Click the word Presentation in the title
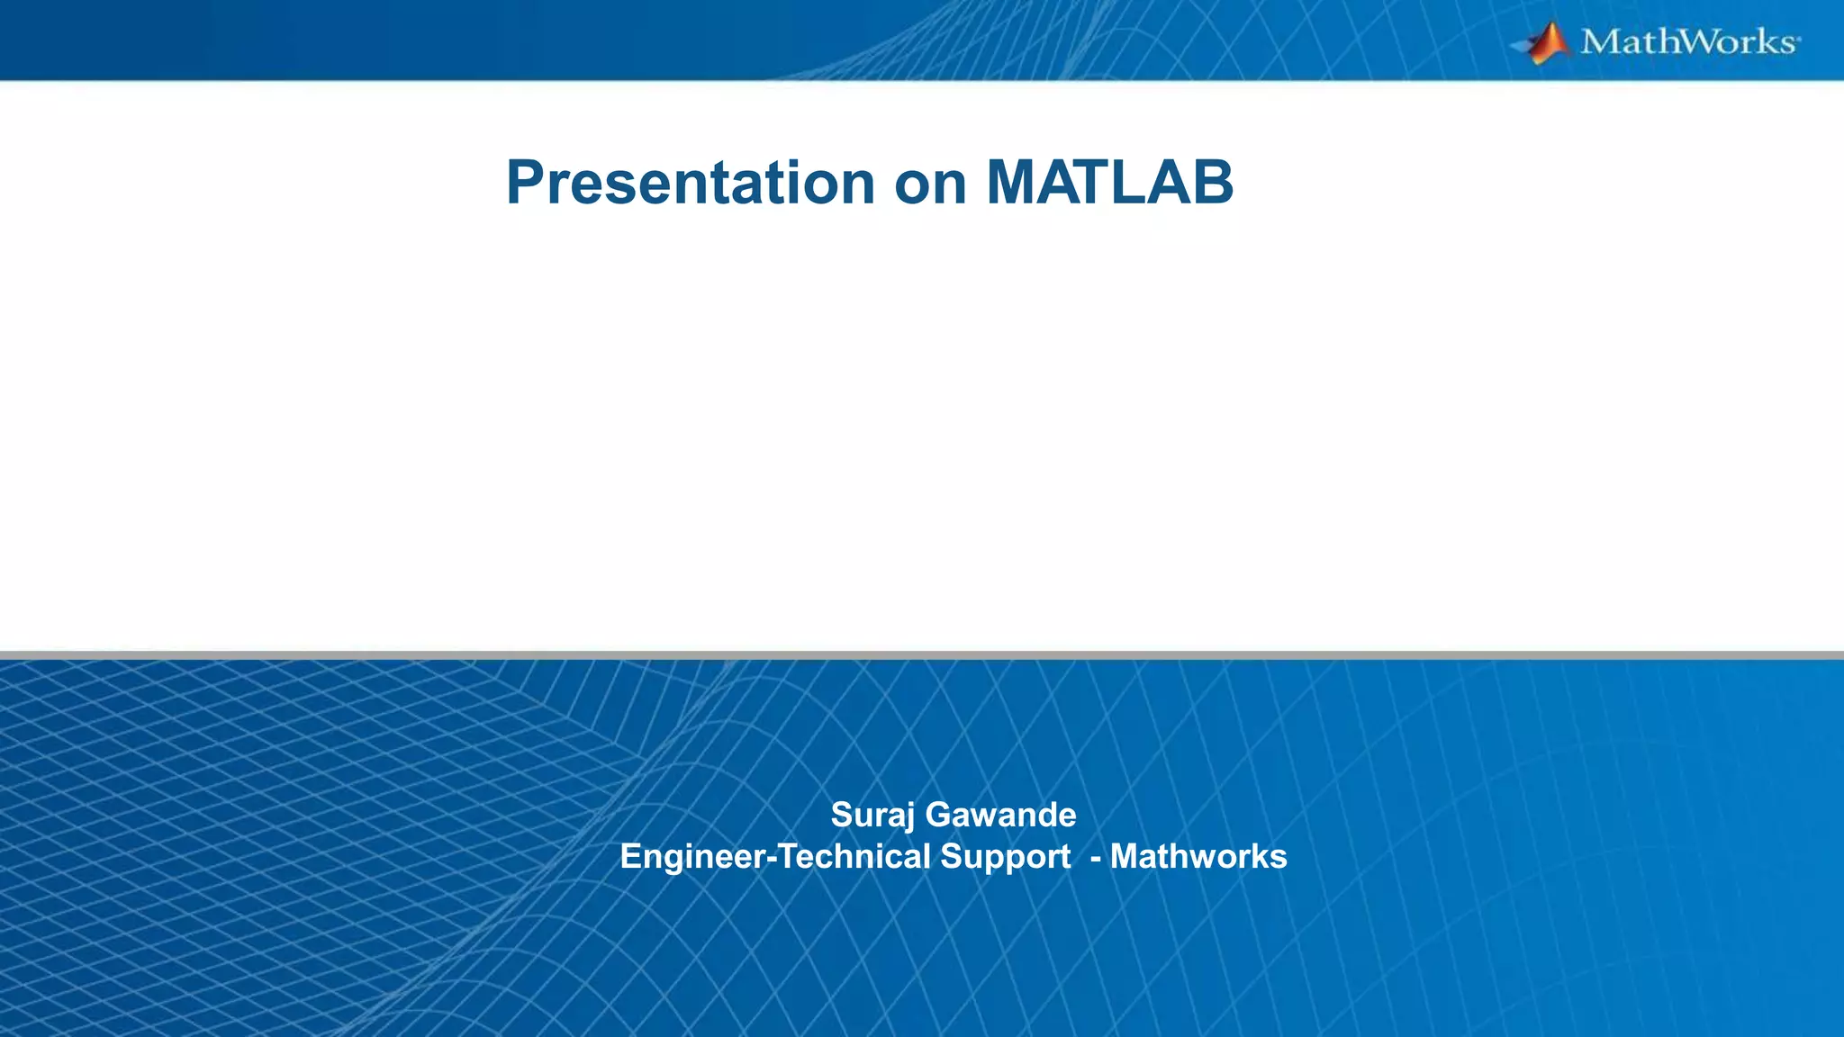pos(691,183)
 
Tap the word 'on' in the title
pos(930,185)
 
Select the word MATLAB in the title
pos(1109,183)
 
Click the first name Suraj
pos(872,815)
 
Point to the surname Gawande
pos(1000,815)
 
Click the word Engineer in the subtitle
pos(691,856)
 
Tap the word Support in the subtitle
pos(1005,856)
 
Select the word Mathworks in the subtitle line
pos(1198,856)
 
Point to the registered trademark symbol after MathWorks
pos(1799,40)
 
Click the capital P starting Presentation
pos(526,183)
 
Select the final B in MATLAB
pos(1213,183)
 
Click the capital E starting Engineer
pos(630,856)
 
